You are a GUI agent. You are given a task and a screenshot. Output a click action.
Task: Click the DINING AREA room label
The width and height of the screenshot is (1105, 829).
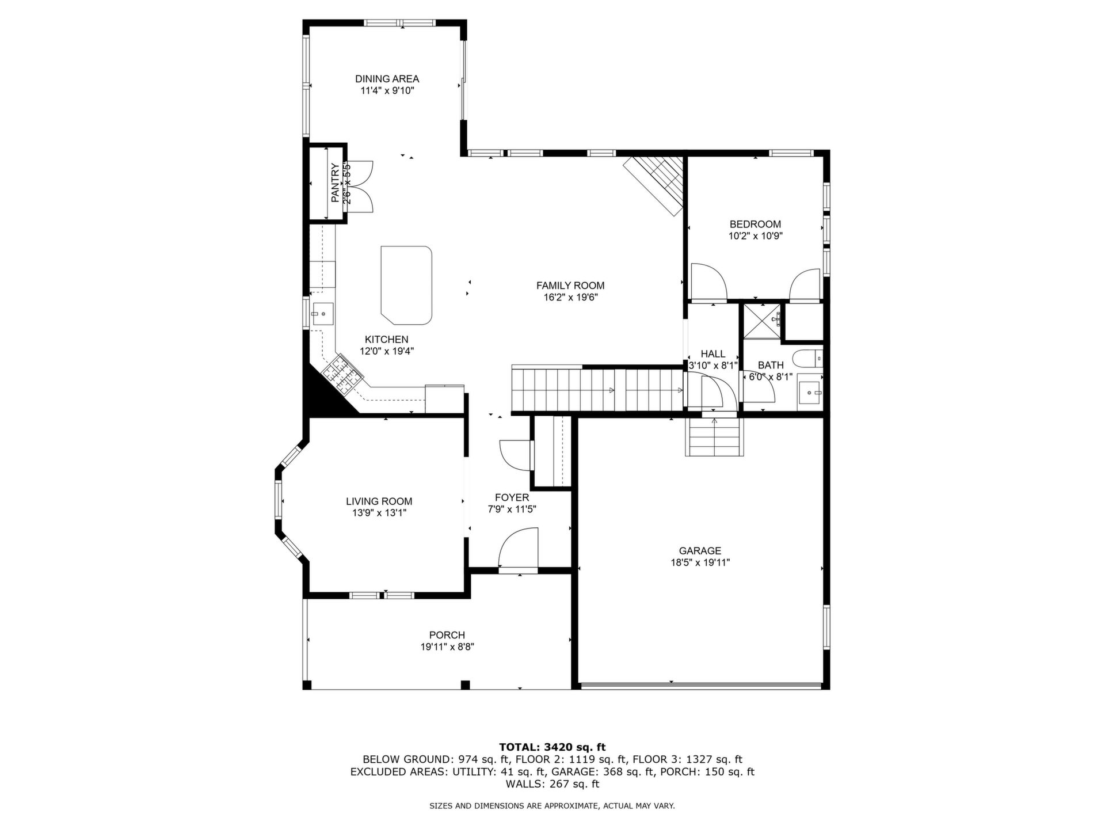click(x=387, y=79)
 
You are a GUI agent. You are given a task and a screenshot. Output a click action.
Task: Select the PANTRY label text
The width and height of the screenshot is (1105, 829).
click(x=335, y=182)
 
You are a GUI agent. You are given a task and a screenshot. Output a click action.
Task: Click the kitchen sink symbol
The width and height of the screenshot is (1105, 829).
click(x=322, y=314)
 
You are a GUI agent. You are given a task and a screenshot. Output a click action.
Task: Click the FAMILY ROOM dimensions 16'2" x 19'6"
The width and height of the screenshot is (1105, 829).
click(x=570, y=297)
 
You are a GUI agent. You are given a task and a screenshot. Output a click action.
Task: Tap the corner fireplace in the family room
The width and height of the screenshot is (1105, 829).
click(x=657, y=185)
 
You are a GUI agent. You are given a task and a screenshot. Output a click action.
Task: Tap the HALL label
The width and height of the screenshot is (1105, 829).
click(x=713, y=354)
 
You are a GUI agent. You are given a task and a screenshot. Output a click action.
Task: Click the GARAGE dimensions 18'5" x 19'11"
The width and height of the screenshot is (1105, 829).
click(x=700, y=563)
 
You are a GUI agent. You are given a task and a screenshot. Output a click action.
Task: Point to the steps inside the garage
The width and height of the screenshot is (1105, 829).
click(x=714, y=436)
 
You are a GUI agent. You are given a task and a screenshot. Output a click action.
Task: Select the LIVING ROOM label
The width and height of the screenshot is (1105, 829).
click(x=379, y=501)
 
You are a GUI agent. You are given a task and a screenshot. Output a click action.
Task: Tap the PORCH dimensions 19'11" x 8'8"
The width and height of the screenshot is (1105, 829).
click(x=447, y=647)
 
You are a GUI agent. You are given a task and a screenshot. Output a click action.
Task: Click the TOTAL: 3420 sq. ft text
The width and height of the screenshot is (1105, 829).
click(x=552, y=747)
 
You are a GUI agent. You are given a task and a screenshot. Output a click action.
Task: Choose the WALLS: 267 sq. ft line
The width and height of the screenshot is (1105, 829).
click(x=552, y=784)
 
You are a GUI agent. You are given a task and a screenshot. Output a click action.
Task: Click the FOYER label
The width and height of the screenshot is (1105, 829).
click(x=512, y=497)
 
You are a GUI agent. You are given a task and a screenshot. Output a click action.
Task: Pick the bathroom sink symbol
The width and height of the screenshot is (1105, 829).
click(x=810, y=392)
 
